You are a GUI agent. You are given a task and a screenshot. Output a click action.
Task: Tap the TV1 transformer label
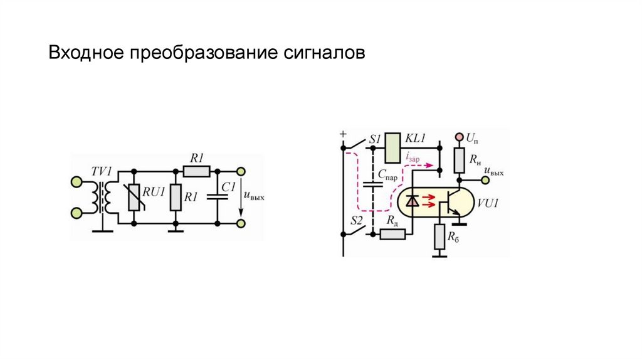[x=101, y=170]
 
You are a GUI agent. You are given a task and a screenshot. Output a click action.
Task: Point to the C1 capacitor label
[x=229, y=186]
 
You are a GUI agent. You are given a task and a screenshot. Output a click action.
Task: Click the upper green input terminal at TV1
[x=76, y=182]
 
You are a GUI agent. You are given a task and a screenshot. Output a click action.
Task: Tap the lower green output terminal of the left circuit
[x=241, y=222]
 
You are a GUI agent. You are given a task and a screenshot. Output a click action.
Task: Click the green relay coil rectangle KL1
[x=392, y=147]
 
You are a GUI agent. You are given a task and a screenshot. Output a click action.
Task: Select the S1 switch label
[x=375, y=138]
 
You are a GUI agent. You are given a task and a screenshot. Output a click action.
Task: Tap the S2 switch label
[x=356, y=220]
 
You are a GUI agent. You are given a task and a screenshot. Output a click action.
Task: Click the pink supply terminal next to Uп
[x=459, y=136]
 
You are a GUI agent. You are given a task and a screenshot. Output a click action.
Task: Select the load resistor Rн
[x=459, y=161]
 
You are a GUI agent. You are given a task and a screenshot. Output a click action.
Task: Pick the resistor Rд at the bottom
[x=393, y=234]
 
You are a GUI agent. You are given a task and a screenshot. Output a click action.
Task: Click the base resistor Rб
[x=441, y=236]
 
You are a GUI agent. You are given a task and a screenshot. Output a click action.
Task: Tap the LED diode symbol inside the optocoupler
[x=413, y=201]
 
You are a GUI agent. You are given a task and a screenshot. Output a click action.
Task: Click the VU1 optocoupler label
[x=487, y=204]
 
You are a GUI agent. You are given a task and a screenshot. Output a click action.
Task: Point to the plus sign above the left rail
[x=343, y=134]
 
